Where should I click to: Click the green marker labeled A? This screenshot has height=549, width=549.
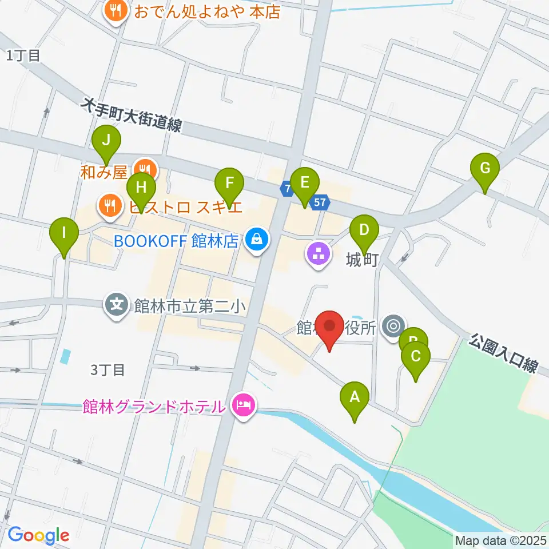tap(355, 396)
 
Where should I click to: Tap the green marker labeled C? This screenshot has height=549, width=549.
tap(416, 357)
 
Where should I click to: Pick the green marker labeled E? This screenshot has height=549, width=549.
tap(304, 182)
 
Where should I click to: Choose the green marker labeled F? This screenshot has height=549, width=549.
tap(229, 183)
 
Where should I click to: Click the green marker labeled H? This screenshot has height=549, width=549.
tap(141, 187)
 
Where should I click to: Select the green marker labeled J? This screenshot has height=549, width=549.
tap(106, 139)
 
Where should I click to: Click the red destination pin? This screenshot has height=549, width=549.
tap(330, 327)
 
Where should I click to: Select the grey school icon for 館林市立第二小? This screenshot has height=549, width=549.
tap(117, 304)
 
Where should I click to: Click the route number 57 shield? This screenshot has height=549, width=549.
tap(321, 202)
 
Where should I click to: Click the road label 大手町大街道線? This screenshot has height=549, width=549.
tap(132, 115)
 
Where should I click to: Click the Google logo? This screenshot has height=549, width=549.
tap(38, 535)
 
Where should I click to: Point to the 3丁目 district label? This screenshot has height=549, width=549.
tap(107, 370)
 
